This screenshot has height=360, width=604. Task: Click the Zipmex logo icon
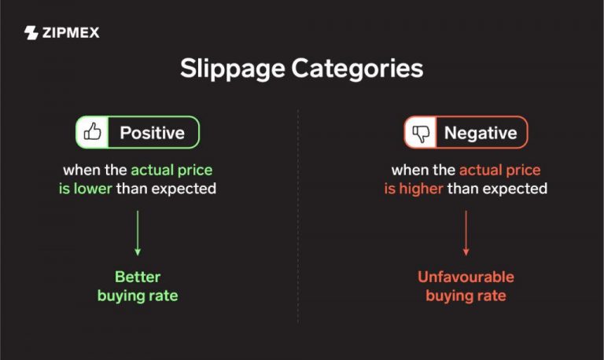pyautogui.click(x=31, y=33)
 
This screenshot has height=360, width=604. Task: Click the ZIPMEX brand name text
pyautogui.click(x=71, y=33)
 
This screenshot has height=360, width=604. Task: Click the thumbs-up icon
pyautogui.click(x=93, y=133)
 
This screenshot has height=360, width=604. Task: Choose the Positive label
pyautogui.click(x=152, y=133)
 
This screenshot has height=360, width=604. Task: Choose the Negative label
pyautogui.click(x=481, y=133)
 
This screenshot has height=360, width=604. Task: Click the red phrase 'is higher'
pyautogui.click(x=414, y=189)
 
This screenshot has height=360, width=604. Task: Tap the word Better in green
pyautogui.click(x=138, y=277)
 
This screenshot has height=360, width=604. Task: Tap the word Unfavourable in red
pyautogui.click(x=466, y=277)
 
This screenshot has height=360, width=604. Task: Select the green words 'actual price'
pyautogui.click(x=171, y=170)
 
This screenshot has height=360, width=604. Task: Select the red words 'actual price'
pyautogui.click(x=499, y=170)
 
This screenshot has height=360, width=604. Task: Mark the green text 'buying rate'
pyautogui.click(x=138, y=296)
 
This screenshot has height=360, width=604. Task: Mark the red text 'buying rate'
pyautogui.click(x=466, y=296)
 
